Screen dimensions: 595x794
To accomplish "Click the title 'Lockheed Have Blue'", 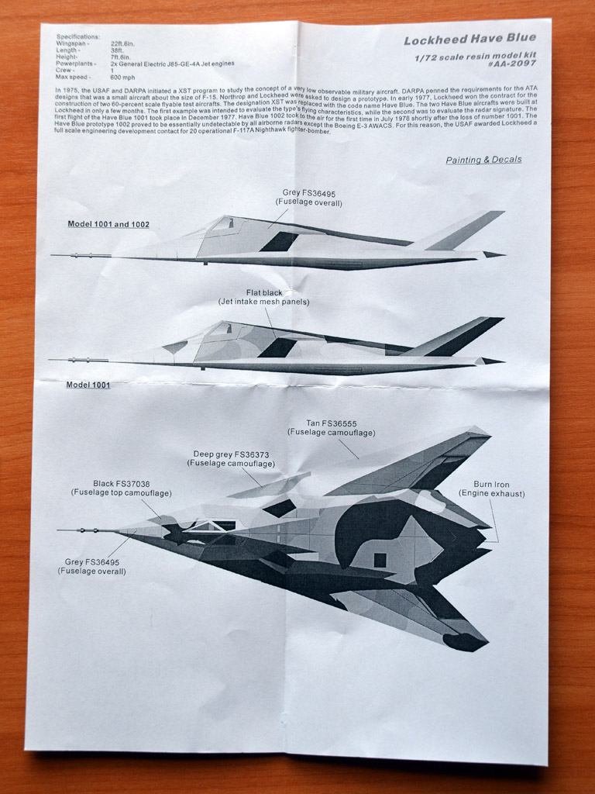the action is (469, 40).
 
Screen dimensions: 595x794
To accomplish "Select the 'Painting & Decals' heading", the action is (483, 160).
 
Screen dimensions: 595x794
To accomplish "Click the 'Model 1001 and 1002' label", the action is (108, 224).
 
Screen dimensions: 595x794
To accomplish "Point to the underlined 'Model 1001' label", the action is (88, 385).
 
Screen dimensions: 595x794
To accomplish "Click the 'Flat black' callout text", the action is (263, 292).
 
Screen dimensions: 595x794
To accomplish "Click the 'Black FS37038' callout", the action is (122, 483).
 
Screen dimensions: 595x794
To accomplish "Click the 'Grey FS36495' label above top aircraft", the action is (308, 193).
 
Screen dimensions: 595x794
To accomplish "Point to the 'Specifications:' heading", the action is (78, 36).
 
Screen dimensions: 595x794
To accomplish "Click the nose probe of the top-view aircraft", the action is (85, 530).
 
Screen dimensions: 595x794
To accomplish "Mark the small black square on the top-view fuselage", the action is (380, 560).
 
